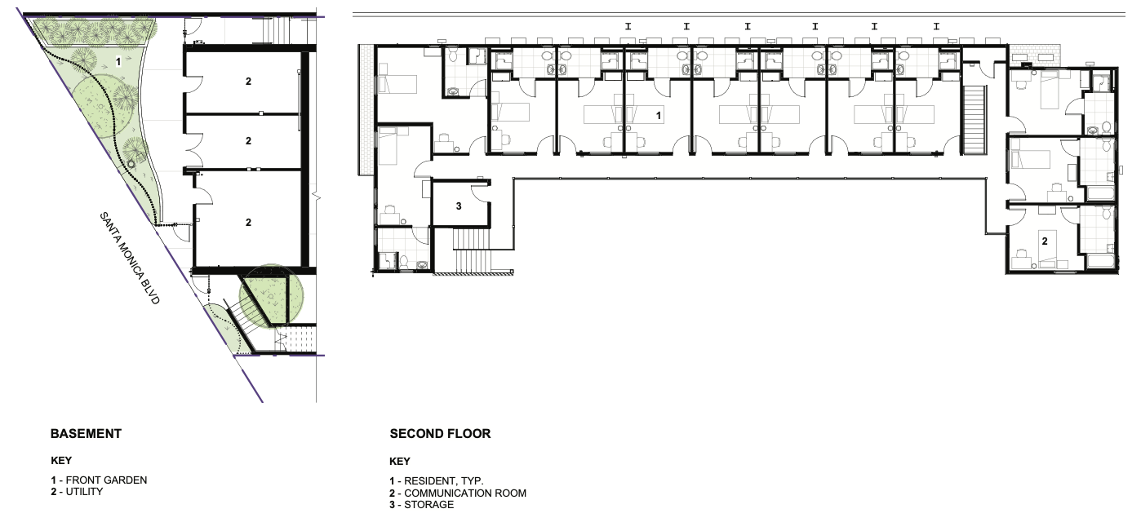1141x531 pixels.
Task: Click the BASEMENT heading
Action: point(86,434)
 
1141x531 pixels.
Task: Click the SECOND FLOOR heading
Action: point(440,434)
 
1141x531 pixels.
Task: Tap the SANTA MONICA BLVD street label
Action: point(130,258)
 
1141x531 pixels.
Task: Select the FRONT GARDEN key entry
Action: point(99,480)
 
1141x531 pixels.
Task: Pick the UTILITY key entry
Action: point(77,492)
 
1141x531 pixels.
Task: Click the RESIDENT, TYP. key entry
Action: point(437,481)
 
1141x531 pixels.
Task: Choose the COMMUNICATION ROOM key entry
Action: point(458,493)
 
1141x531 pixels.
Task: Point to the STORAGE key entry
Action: point(422,505)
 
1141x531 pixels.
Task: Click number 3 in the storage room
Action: point(459,206)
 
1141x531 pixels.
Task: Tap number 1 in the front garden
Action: point(118,62)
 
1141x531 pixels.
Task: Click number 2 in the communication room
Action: point(1045,241)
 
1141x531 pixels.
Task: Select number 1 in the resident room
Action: point(658,116)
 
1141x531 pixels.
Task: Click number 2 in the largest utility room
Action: point(249,223)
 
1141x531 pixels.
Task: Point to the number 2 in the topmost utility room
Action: point(249,81)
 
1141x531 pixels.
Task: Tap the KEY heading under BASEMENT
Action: point(61,461)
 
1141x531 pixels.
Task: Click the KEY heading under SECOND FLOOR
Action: point(400,462)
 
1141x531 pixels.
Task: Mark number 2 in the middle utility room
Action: point(249,141)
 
